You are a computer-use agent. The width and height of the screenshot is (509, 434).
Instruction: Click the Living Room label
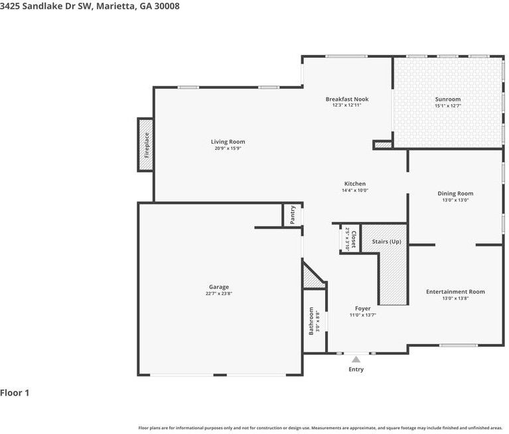pyautogui.click(x=228, y=142)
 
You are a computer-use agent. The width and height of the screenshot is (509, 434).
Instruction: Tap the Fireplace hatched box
pyautogui.click(x=145, y=145)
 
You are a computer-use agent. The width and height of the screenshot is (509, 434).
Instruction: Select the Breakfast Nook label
pyautogui.click(x=346, y=99)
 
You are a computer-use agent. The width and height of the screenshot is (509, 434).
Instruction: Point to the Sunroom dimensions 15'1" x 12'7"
pyautogui.click(x=447, y=106)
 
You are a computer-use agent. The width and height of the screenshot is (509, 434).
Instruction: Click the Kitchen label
pyautogui.click(x=354, y=184)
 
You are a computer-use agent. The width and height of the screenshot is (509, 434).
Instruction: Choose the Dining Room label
pyautogui.click(x=455, y=193)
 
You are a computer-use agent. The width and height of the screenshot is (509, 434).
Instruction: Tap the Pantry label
pyautogui.click(x=293, y=215)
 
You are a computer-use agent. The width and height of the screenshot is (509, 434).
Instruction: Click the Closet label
pyautogui.click(x=354, y=239)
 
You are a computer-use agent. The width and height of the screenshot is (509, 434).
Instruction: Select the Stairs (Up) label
pyautogui.click(x=386, y=241)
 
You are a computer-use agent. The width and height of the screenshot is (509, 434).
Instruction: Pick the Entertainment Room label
pyautogui.click(x=455, y=292)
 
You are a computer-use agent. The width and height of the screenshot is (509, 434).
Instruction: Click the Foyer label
pyautogui.click(x=362, y=309)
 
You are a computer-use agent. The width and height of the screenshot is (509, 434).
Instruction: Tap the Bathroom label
pyautogui.click(x=311, y=321)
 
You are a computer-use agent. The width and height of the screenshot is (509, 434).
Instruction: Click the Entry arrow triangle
pyautogui.click(x=356, y=359)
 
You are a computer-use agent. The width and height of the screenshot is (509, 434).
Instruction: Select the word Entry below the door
pyautogui.click(x=356, y=369)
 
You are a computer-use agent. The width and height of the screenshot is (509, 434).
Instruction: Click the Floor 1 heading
pyautogui.click(x=15, y=393)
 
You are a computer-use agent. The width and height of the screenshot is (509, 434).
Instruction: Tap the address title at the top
pyautogui.click(x=90, y=6)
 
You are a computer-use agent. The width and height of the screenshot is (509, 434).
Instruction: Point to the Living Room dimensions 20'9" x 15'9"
pyautogui.click(x=228, y=148)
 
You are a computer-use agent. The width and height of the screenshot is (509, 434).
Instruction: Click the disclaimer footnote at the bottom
pyautogui.click(x=321, y=427)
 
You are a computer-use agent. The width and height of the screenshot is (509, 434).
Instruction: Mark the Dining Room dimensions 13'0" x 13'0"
pyautogui.click(x=455, y=200)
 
